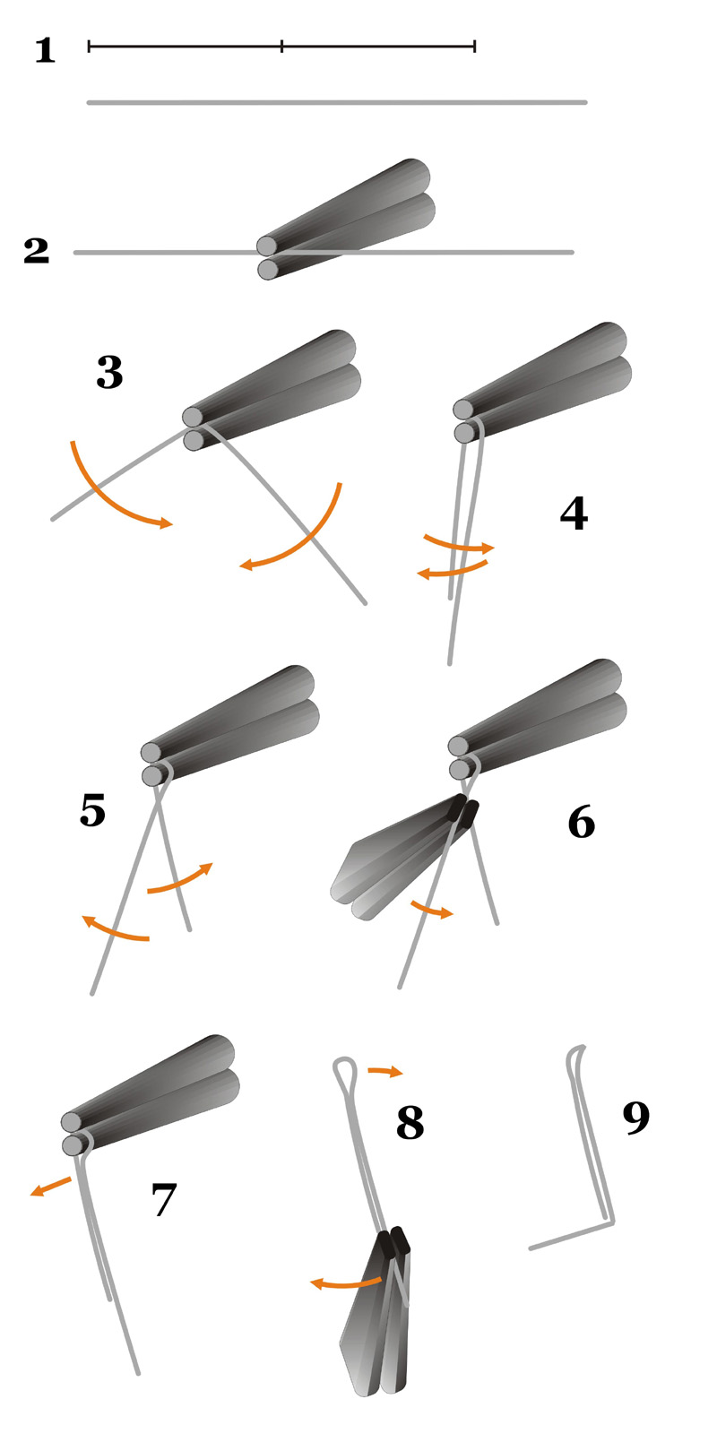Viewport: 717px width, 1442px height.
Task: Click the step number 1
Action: click(x=45, y=51)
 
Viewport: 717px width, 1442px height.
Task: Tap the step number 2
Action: click(x=36, y=251)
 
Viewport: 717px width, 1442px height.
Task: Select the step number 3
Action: click(x=109, y=372)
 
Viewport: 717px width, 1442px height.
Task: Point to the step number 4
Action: click(x=574, y=514)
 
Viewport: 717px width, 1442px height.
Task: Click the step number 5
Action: click(x=92, y=810)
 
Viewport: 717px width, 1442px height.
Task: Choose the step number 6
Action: click(x=581, y=822)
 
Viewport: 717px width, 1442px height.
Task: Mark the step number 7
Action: click(x=163, y=1199)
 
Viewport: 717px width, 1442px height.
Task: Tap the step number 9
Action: click(x=636, y=1118)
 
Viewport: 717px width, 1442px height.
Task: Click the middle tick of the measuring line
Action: click(x=282, y=47)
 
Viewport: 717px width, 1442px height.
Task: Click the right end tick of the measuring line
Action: click(x=474, y=47)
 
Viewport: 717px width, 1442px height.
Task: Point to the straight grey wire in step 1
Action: click(x=337, y=102)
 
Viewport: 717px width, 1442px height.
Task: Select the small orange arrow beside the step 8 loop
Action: click(x=384, y=1071)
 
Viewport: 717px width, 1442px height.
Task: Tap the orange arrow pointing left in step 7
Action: click(x=51, y=1186)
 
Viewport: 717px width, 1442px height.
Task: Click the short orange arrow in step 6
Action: click(x=432, y=910)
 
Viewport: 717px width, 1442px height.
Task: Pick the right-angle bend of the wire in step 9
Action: click(x=611, y=1222)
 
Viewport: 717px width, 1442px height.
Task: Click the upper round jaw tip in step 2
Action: click(x=267, y=246)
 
